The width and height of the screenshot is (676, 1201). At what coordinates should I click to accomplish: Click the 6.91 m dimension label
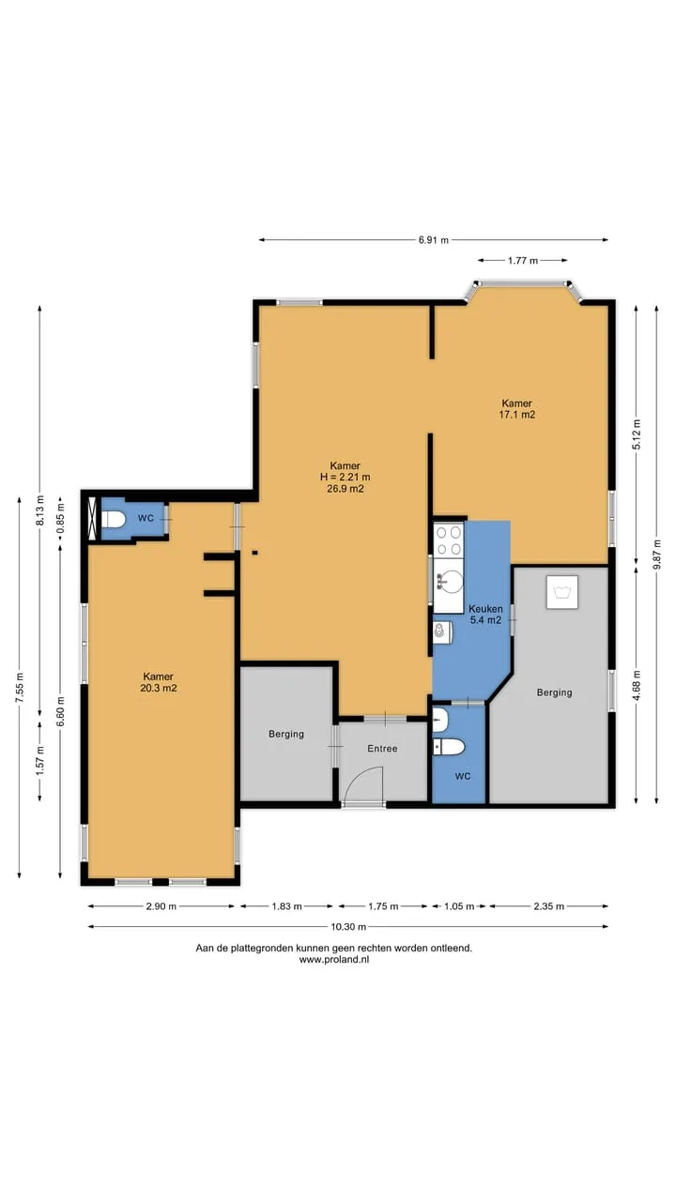pos(434,240)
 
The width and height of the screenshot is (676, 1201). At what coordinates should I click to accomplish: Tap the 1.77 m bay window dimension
pos(523,261)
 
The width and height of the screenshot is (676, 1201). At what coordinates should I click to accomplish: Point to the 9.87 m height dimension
pos(657,554)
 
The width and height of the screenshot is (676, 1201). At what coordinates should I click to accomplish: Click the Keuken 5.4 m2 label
pos(485,615)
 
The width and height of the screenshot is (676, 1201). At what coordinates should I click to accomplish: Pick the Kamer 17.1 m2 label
pos(517,408)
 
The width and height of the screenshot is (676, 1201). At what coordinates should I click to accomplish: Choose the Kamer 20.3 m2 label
pos(159,682)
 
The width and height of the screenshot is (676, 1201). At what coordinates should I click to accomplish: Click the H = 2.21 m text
pos(345,477)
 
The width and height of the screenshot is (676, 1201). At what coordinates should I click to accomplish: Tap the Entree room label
pos(382,748)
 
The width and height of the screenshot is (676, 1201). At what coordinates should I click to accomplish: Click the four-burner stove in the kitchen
pos(449,540)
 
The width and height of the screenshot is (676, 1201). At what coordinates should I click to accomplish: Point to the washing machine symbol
pos(562,592)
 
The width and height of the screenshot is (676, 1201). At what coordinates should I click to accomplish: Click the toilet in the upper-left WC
pos(114,519)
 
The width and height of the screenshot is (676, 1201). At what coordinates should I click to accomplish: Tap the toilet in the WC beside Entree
pos(449,746)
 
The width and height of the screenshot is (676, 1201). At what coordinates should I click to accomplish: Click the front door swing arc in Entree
pos(362,783)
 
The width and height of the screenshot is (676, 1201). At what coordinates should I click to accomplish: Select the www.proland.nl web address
pos(333,960)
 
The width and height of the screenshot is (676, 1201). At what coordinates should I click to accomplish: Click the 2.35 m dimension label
pos(549,906)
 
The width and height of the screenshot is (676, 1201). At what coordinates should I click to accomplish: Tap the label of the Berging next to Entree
pos(286,734)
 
